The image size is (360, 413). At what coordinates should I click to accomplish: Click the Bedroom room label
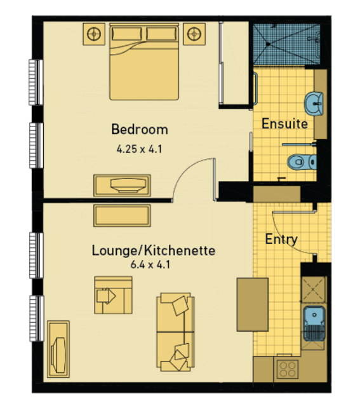pyautogui.click(x=140, y=130)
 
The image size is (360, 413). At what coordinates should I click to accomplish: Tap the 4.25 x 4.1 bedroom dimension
pyautogui.click(x=139, y=149)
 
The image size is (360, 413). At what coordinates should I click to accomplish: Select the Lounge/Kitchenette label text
pyautogui.click(x=154, y=250)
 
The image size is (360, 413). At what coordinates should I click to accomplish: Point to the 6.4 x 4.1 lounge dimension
pyautogui.click(x=150, y=264)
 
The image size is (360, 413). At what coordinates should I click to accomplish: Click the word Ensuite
pyautogui.click(x=284, y=123)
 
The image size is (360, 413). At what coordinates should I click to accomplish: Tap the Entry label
pyautogui.click(x=281, y=240)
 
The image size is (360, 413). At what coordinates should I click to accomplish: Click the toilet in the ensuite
pyautogui.click(x=302, y=162)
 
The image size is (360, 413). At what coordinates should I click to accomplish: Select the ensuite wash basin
pyautogui.click(x=314, y=104)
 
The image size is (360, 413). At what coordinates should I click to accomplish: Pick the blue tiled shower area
pyautogui.click(x=286, y=44)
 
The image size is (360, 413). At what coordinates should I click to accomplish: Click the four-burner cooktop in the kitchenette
pyautogui.click(x=288, y=369)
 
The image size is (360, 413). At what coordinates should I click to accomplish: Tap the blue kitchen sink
pyautogui.click(x=314, y=323)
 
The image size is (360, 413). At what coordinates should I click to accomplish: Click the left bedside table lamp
pyautogui.click(x=94, y=34)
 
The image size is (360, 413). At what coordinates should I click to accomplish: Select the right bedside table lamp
pyautogui.click(x=194, y=34)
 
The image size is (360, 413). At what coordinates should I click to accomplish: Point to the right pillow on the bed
pyautogui.click(x=161, y=34)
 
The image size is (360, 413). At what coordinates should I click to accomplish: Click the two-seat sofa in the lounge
pyautogui.click(x=175, y=332)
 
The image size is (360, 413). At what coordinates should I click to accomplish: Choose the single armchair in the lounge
pyautogui.click(x=113, y=295)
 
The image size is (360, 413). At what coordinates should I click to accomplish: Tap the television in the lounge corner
pyautogui.click(x=58, y=349)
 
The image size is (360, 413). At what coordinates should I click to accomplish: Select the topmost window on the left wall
pyautogui.click(x=36, y=83)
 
